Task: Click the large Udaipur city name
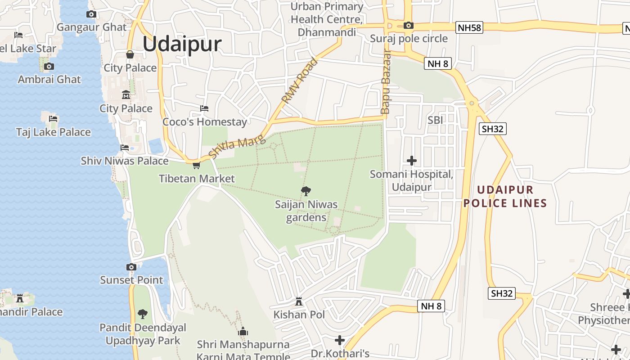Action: (182, 44)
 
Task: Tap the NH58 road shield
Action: (469, 28)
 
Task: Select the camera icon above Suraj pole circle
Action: (409, 26)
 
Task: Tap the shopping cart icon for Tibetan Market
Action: (196, 166)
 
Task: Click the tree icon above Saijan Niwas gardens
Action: (306, 191)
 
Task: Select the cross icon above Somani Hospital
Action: (411, 160)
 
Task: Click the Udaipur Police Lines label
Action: (505, 197)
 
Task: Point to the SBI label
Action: (436, 120)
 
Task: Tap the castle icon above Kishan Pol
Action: (299, 301)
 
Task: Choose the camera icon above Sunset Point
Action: (131, 267)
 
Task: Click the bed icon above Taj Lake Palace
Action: (53, 119)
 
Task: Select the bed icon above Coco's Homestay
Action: (204, 108)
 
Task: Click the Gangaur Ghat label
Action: (92, 27)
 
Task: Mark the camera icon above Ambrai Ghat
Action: (49, 67)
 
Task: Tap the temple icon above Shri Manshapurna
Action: (243, 332)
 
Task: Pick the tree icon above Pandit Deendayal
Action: (143, 314)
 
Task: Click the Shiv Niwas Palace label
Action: (125, 161)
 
